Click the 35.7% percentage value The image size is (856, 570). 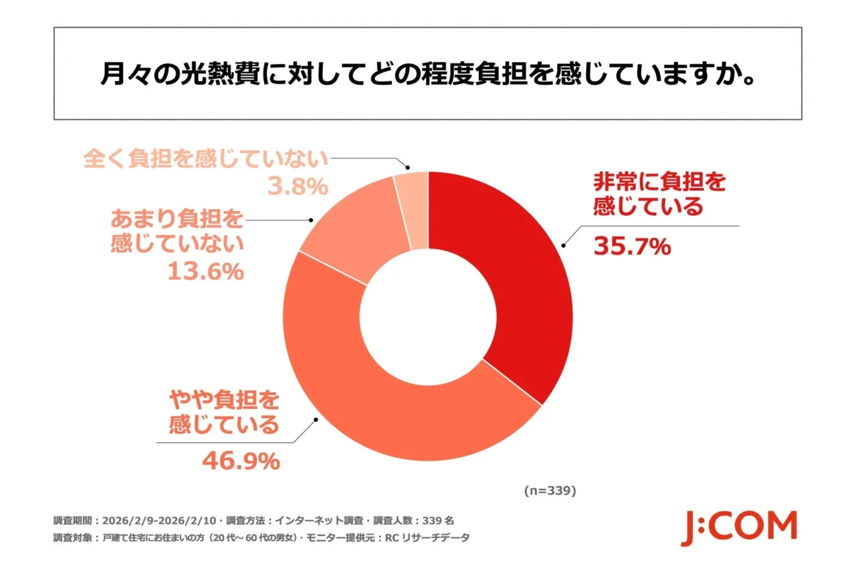tap(631, 247)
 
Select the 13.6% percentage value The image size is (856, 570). tap(205, 272)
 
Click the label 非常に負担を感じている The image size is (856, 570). tap(658, 194)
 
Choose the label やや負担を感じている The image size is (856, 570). tap(223, 412)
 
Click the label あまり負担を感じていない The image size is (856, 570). tap(177, 231)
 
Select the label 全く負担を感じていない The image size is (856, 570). tap(206, 160)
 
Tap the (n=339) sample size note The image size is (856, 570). tap(549, 490)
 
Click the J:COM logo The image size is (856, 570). tap(739, 528)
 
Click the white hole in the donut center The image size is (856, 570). tap(428, 315)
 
